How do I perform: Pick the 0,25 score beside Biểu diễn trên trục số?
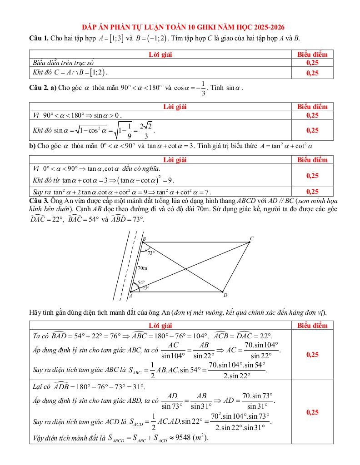pos(312,63)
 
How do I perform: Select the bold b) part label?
pos(32,146)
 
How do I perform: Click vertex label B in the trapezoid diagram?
pos(144,239)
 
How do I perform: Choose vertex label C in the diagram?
pos(251,238)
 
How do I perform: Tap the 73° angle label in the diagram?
pos(150,253)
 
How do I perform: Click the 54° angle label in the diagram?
pos(141,282)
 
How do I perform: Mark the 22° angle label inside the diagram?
pos(145,288)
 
